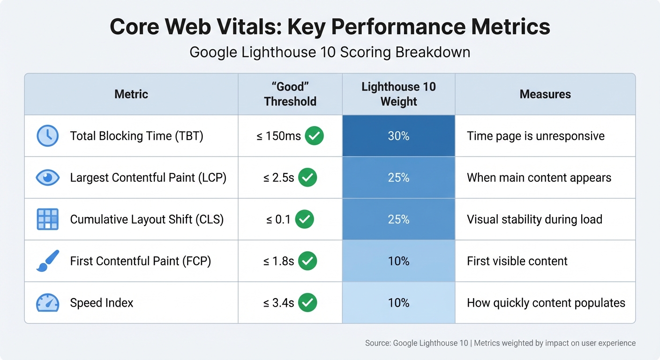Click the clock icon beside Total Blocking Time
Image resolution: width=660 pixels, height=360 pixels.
pos(47,136)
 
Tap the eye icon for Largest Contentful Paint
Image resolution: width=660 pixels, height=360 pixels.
pos(47,178)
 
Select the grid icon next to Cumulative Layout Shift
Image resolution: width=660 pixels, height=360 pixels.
pos(47,219)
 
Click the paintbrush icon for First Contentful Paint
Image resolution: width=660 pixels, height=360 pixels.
pos(47,261)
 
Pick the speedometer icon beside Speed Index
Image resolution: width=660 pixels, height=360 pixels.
pos(47,303)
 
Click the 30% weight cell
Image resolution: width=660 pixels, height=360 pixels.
pos(398,136)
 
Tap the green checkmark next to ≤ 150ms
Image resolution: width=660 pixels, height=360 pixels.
pos(314,136)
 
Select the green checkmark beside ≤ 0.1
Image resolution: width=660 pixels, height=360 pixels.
pos(304,219)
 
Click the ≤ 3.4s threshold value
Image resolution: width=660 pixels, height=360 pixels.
pos(278,303)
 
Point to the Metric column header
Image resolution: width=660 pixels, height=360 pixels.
pos(131,94)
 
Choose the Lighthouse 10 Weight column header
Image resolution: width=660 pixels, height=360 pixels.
pos(398,94)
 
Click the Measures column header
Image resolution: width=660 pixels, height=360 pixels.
pos(545,94)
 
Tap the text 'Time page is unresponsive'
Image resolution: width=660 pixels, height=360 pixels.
pos(535,136)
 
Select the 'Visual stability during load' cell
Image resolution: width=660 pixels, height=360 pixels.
pos(534,219)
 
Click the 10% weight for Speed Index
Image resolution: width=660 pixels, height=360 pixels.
pos(398,303)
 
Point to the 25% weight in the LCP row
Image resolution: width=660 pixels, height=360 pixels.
pos(398,178)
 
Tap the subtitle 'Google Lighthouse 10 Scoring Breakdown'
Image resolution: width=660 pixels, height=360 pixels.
pos(330,52)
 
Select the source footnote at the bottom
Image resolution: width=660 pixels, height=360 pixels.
pos(500,343)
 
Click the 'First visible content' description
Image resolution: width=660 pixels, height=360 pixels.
pos(517,261)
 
